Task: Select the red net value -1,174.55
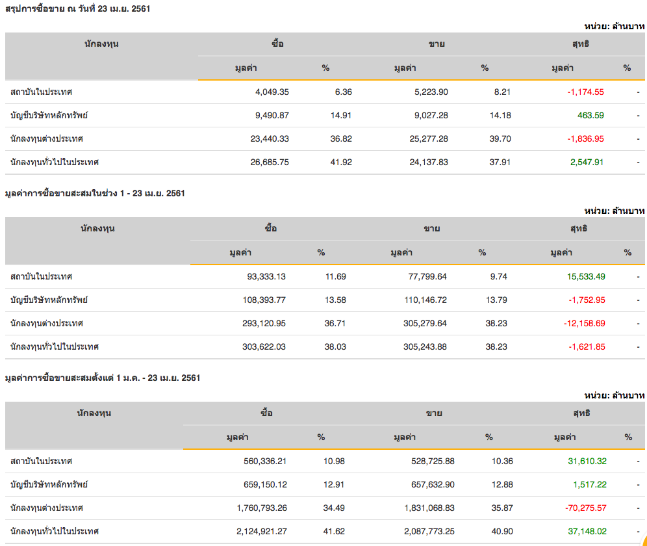[585, 92]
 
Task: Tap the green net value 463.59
[590, 116]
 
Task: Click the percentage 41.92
[341, 162]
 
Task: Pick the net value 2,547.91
[587, 162]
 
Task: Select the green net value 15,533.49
[586, 277]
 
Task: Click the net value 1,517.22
[590, 485]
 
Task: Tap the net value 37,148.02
[587, 532]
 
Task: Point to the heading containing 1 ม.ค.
[102, 378]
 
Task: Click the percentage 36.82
[341, 139]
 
